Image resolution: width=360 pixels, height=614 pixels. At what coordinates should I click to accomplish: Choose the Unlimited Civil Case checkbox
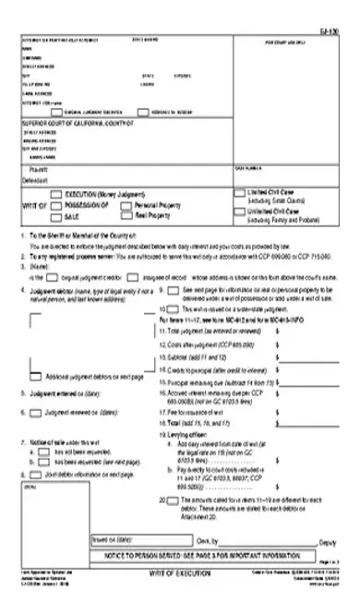click(242, 211)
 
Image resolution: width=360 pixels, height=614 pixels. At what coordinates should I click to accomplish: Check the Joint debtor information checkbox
click(37, 473)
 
